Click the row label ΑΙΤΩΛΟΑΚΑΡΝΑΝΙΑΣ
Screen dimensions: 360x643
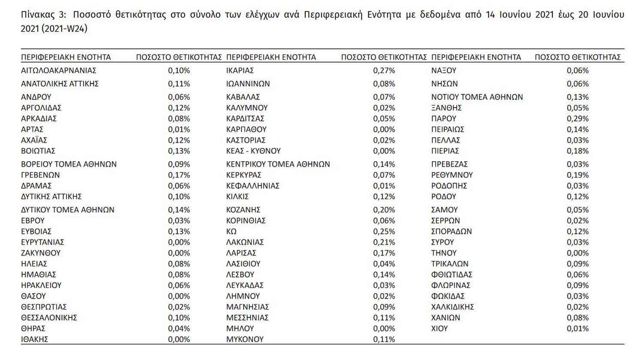pos(59,70)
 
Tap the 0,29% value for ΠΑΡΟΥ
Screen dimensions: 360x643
pos(577,119)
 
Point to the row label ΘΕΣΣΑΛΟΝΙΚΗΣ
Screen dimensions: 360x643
pos(49,318)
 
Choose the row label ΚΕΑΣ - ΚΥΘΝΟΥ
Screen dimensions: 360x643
pos(253,151)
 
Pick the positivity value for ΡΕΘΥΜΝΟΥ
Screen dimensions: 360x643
pos(577,175)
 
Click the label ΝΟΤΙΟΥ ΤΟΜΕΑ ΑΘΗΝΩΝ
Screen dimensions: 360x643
pos(477,97)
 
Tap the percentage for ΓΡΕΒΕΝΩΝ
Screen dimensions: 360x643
pos(179,175)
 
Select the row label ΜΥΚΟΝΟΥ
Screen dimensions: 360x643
pos(245,339)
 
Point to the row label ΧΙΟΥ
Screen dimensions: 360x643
pos(439,329)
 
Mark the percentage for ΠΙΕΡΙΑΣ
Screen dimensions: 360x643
pos(577,151)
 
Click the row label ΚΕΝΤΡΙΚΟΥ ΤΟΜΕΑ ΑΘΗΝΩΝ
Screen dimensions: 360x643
pos(278,164)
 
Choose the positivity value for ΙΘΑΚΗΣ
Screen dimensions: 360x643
pos(179,339)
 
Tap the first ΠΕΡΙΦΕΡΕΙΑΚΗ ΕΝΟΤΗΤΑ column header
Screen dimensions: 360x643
pos(66,57)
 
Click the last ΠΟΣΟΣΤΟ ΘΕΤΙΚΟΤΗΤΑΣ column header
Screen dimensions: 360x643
pos(577,57)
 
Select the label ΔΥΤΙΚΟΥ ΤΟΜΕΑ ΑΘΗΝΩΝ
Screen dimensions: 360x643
pos(68,210)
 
